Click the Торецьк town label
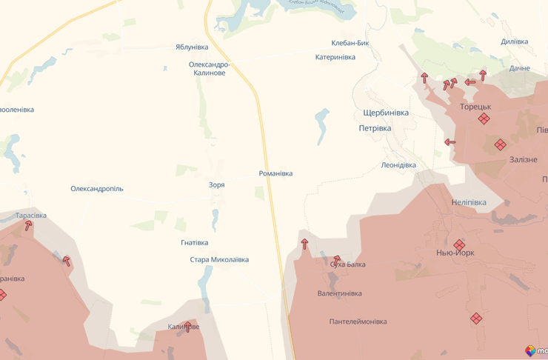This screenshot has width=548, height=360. [x=475, y=107]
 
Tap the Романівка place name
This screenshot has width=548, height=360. [x=275, y=173]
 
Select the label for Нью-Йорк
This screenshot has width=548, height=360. [x=455, y=253]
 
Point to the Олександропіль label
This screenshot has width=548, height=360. [x=97, y=189]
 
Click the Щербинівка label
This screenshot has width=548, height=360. [x=386, y=113]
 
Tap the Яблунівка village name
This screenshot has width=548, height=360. [x=192, y=47]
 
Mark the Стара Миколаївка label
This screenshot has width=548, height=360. [x=219, y=260]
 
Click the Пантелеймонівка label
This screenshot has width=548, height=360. [x=358, y=321]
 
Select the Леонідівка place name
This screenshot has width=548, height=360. [x=398, y=165]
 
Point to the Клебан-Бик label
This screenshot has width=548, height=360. [x=350, y=43]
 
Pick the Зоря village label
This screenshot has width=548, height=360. [x=216, y=185]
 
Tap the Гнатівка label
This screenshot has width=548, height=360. [x=194, y=243]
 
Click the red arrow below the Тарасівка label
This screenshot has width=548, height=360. [x=28, y=226]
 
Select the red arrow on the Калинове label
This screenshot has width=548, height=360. [x=187, y=327]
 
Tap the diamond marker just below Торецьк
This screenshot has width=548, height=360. [x=484, y=119]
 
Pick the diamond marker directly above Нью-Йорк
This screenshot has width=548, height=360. [x=459, y=244]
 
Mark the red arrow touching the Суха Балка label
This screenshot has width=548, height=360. [x=337, y=260]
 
